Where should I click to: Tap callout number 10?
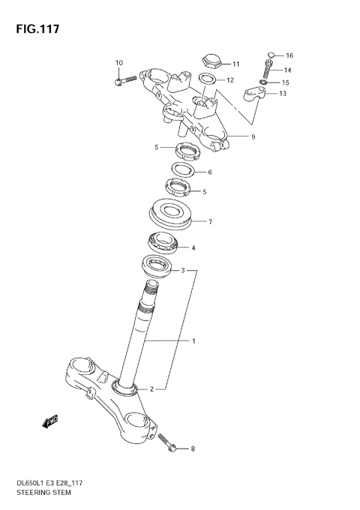pos(118,62)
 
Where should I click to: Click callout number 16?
pos(289,55)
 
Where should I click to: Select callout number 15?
pos(285,82)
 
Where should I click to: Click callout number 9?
pos(253,136)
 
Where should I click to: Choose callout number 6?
pos(209,172)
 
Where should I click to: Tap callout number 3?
pos(182,270)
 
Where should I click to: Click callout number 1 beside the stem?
pos(193,341)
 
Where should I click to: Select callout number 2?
pos(151,389)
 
